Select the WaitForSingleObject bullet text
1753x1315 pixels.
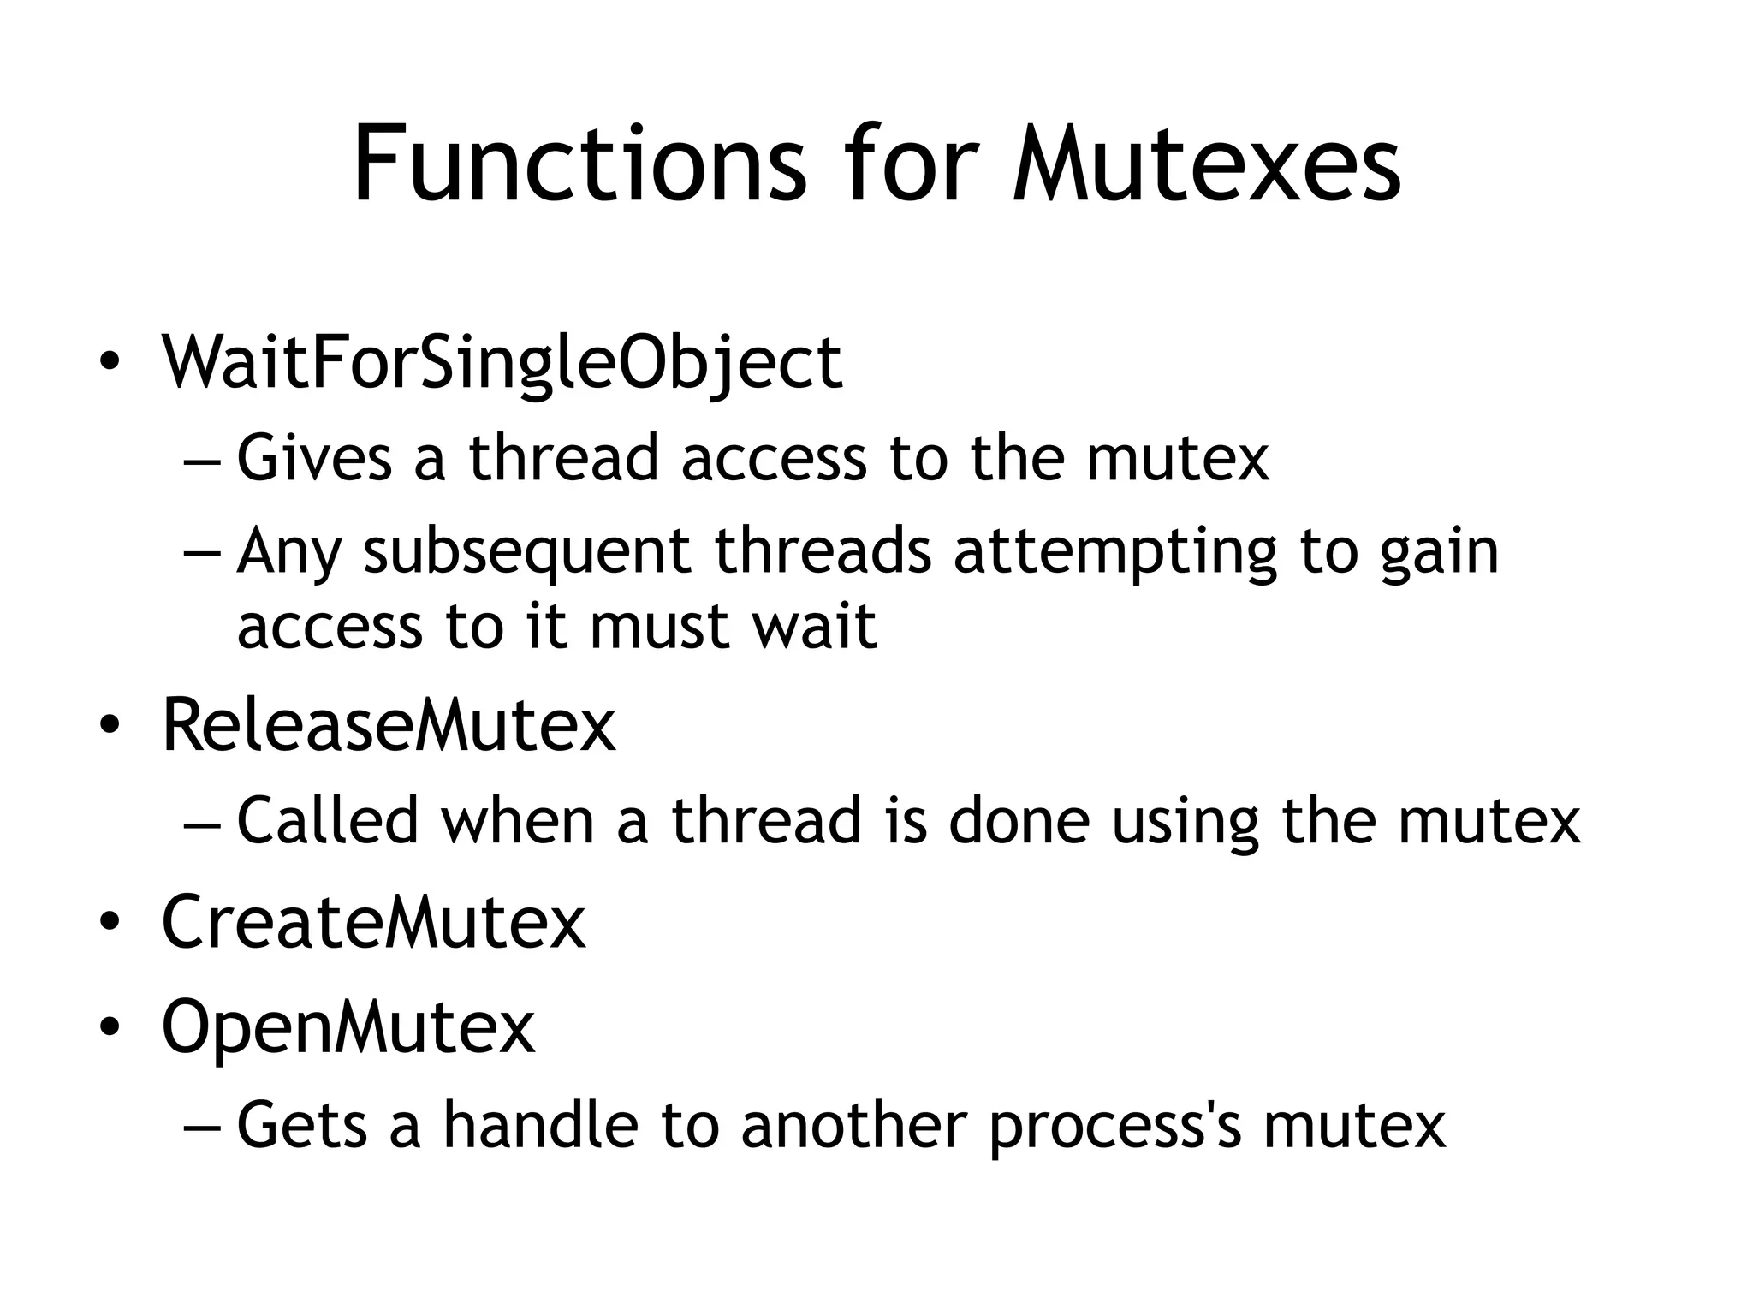pyautogui.click(x=502, y=363)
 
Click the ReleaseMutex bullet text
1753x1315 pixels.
pyautogui.click(x=389, y=725)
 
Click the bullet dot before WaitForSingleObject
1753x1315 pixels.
pyautogui.click(x=109, y=363)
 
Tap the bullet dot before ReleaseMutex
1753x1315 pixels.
pyautogui.click(x=109, y=726)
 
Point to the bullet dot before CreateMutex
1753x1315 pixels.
pyautogui.click(x=109, y=923)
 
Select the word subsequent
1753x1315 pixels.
pyautogui.click(x=526, y=550)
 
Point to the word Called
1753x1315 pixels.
pyautogui.click(x=327, y=819)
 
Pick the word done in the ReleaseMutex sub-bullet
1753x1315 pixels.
pyautogui.click(x=1019, y=819)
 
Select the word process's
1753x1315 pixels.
pyautogui.click(x=1114, y=1126)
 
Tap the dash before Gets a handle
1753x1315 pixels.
pyautogui.click(x=202, y=1127)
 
